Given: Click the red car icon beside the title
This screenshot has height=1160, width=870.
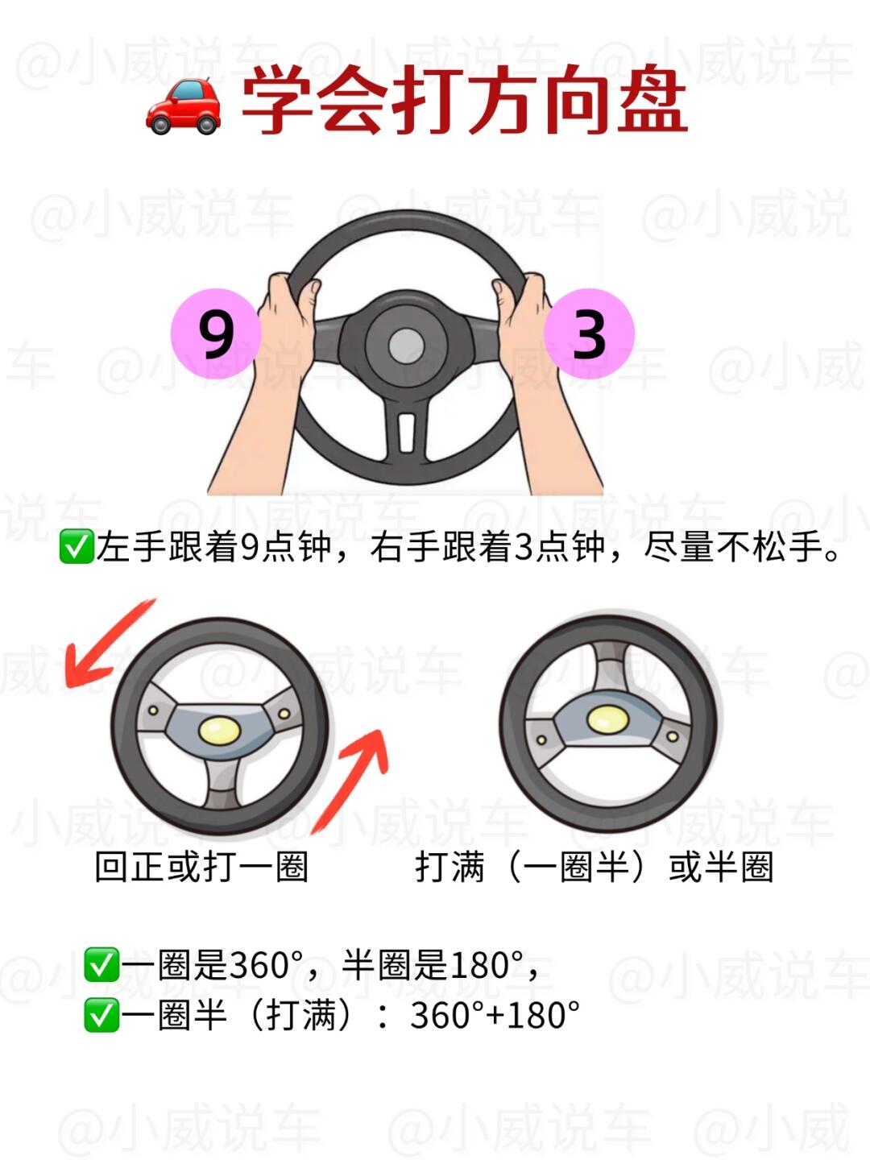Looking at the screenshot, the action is pyautogui.click(x=184, y=106).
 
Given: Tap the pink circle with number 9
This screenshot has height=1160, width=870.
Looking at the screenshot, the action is pyautogui.click(x=216, y=333).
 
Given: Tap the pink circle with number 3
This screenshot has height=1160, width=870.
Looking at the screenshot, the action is pyautogui.click(x=588, y=333).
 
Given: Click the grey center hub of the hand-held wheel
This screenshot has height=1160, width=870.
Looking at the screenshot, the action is pyautogui.click(x=406, y=346).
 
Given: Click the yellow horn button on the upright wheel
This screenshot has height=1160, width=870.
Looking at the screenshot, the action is pyautogui.click(x=219, y=731).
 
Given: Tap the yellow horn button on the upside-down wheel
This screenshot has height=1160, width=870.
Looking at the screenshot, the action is pyautogui.click(x=607, y=720).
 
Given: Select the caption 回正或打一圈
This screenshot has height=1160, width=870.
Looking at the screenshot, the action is pyautogui.click(x=201, y=868).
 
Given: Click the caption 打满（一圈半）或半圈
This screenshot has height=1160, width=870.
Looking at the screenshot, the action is pyautogui.click(x=594, y=868).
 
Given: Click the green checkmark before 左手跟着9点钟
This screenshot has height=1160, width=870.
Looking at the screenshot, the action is pyautogui.click(x=76, y=546).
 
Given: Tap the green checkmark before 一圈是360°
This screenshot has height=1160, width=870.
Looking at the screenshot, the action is pyautogui.click(x=101, y=965).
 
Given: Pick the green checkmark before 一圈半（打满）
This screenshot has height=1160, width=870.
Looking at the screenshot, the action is pyautogui.click(x=101, y=1015).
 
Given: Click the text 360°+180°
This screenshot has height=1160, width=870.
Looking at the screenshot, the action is pyautogui.click(x=495, y=1016).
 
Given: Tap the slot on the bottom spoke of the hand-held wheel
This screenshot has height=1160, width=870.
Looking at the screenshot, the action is pyautogui.click(x=406, y=433).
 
